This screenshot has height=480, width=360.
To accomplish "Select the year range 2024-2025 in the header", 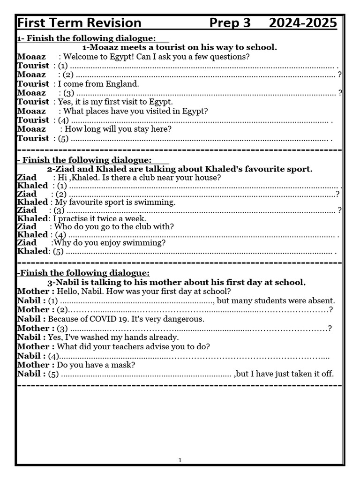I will pyautogui.click(x=303, y=23).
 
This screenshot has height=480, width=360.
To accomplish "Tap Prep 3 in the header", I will pyautogui.click(x=230, y=23).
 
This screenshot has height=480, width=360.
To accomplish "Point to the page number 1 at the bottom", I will pyautogui.click(x=180, y=460).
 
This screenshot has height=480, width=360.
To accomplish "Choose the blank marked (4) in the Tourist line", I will pyautogui.click(x=202, y=120).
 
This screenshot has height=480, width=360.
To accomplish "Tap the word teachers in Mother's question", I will pyautogui.click(x=130, y=346).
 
